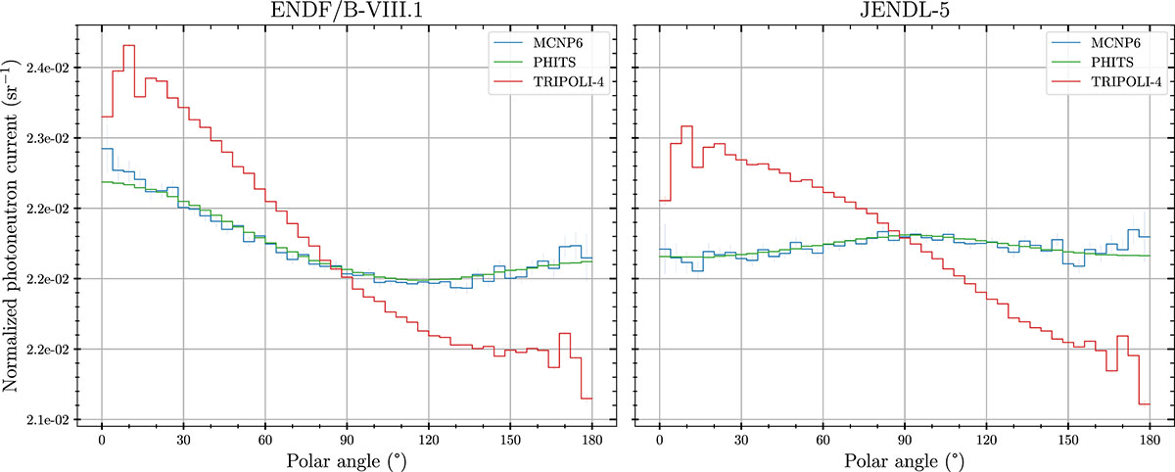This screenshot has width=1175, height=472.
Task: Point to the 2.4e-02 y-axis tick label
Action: coord(48,68)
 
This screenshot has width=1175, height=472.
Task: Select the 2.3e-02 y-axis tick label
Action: coord(48,138)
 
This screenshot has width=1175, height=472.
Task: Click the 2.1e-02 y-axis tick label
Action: coord(48,420)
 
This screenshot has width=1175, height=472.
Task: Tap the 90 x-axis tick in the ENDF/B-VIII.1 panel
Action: coord(346,439)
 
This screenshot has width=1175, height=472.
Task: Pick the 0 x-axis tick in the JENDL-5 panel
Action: coord(660,439)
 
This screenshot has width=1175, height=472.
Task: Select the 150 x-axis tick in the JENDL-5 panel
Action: coord(1068,439)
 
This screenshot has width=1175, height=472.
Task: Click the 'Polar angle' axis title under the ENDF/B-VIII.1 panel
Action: coord(346,458)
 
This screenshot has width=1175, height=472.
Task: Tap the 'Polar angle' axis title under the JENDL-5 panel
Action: coord(904,458)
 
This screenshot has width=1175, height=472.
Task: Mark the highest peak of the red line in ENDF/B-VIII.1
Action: coord(129,45)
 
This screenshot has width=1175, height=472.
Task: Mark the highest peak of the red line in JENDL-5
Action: coord(686,125)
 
